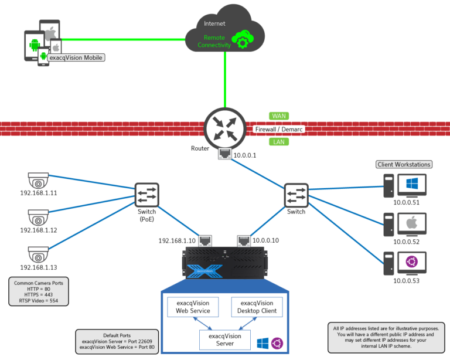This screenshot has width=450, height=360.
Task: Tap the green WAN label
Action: pos(279,116)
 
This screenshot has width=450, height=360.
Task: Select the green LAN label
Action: pos(279,142)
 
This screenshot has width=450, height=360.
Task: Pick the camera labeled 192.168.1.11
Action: pos(39,182)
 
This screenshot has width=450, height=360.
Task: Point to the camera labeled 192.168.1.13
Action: pos(39,254)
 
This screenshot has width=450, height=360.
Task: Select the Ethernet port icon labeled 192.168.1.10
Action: pos(205,240)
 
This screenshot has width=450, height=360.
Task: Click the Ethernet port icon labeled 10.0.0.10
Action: pos(244,240)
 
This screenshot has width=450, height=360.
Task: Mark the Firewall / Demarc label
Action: pos(278,129)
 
